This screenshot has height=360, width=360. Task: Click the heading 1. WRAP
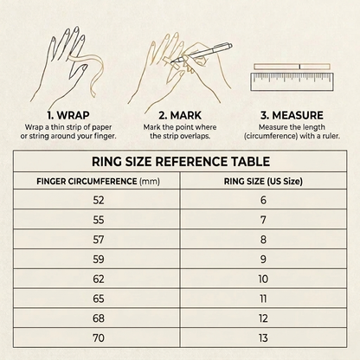[x=68, y=115]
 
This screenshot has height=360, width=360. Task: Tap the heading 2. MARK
[x=180, y=115]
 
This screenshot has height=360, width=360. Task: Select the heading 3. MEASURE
[x=292, y=115]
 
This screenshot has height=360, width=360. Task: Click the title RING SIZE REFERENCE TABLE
[x=181, y=161]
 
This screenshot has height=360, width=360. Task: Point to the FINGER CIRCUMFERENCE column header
[x=98, y=181]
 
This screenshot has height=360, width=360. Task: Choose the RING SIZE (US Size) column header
[x=263, y=181]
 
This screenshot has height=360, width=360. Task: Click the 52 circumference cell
[x=99, y=200]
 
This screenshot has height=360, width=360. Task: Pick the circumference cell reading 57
[x=99, y=240]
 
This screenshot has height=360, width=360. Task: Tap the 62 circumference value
[x=99, y=279]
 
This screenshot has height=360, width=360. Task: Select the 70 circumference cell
[x=99, y=337]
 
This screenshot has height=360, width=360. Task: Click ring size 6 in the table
[x=263, y=200]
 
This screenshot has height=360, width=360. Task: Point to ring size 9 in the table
[x=263, y=259]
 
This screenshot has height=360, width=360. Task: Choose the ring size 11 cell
[x=263, y=299]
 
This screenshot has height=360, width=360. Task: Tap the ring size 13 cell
[x=263, y=337]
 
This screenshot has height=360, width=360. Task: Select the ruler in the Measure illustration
[x=292, y=82]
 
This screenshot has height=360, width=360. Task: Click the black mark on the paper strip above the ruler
[x=299, y=67]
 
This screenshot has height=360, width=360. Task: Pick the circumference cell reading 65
[x=99, y=299]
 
